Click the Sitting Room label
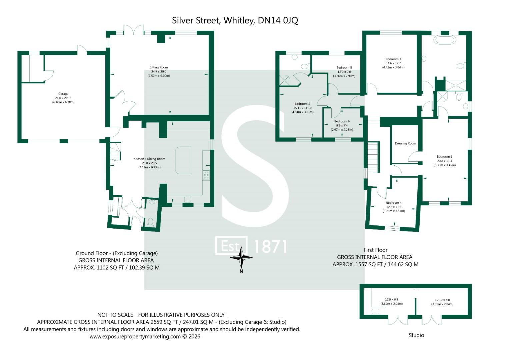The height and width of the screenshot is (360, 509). [159, 67]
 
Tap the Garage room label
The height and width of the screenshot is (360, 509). [63, 94]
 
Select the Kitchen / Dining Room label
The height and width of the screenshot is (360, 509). [149, 159]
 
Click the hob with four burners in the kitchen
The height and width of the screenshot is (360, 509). [206, 175]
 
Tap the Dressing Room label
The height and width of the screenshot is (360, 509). [405, 143]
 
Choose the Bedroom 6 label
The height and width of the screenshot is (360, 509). [342, 121]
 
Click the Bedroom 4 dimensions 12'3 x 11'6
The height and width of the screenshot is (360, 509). [394, 207]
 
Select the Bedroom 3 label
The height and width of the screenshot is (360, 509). [393, 59]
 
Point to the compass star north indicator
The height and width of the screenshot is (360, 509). [241, 257]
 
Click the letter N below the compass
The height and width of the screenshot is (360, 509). [241, 271]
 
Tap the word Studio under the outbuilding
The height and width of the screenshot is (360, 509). [416, 335]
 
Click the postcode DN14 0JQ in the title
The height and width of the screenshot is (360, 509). [278, 20]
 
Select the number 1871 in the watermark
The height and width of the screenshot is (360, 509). [270, 246]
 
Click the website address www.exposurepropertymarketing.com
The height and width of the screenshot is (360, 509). [135, 337]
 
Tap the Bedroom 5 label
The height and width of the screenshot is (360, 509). [344, 68]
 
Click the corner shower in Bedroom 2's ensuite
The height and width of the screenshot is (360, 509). [285, 80]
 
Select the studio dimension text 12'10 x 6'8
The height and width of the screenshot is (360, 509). [442, 300]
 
